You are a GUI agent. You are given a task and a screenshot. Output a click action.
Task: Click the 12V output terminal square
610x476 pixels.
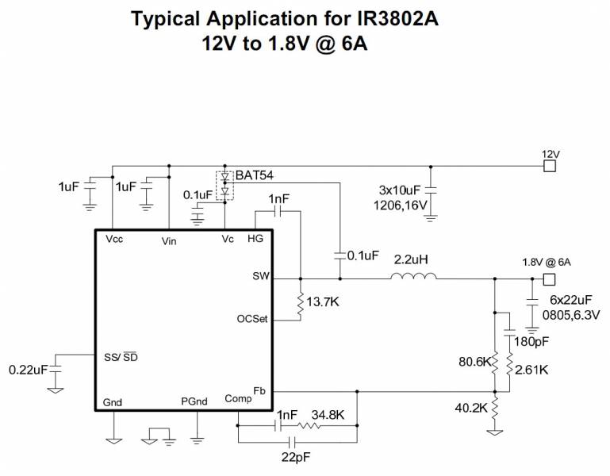[548, 166]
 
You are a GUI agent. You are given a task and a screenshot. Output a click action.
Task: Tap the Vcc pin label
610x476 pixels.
[114, 238]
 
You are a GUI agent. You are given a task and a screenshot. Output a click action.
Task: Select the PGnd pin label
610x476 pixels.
[194, 401]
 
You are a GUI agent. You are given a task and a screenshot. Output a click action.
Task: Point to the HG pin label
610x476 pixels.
[255, 238]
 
